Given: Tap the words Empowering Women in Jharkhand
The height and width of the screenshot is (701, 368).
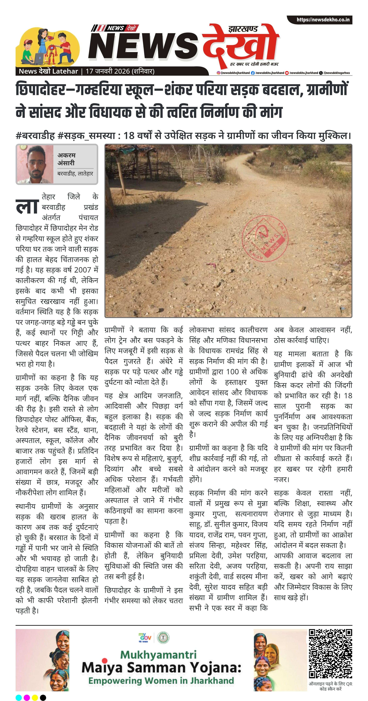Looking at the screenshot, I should tap(161, 681).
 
